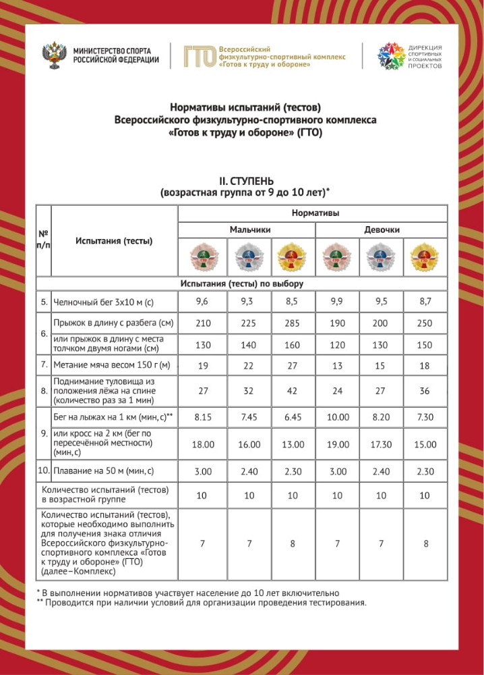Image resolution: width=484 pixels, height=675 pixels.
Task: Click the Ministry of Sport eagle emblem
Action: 53,55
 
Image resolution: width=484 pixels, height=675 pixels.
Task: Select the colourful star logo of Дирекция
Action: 390,56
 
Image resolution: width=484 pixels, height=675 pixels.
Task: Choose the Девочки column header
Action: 382,230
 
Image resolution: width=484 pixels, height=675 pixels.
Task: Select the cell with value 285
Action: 293,323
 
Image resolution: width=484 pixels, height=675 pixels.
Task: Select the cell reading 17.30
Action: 382,445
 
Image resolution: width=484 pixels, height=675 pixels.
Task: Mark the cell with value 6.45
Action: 293,418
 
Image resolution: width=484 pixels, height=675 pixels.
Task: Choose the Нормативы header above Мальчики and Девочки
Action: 315,213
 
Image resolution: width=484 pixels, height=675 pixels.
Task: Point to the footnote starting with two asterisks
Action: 202,603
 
